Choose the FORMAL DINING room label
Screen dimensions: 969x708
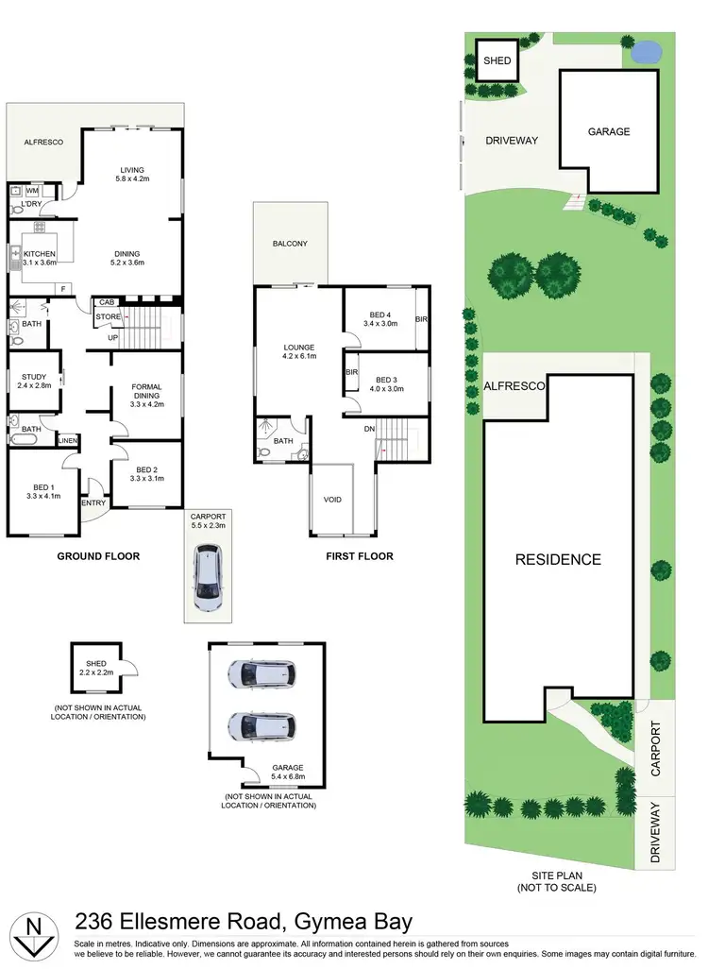(145, 393)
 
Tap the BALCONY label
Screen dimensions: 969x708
(290, 244)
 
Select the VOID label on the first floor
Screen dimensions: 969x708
(331, 499)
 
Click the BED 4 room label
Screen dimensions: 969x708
(379, 317)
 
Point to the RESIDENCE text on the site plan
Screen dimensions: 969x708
(557, 559)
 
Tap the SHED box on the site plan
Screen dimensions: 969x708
(497, 60)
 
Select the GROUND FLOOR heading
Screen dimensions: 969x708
(98, 556)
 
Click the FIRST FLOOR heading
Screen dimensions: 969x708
(359, 556)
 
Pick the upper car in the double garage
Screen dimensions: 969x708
(261, 673)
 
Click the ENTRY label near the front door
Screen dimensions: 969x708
(93, 502)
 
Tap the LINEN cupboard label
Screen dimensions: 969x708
(68, 440)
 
